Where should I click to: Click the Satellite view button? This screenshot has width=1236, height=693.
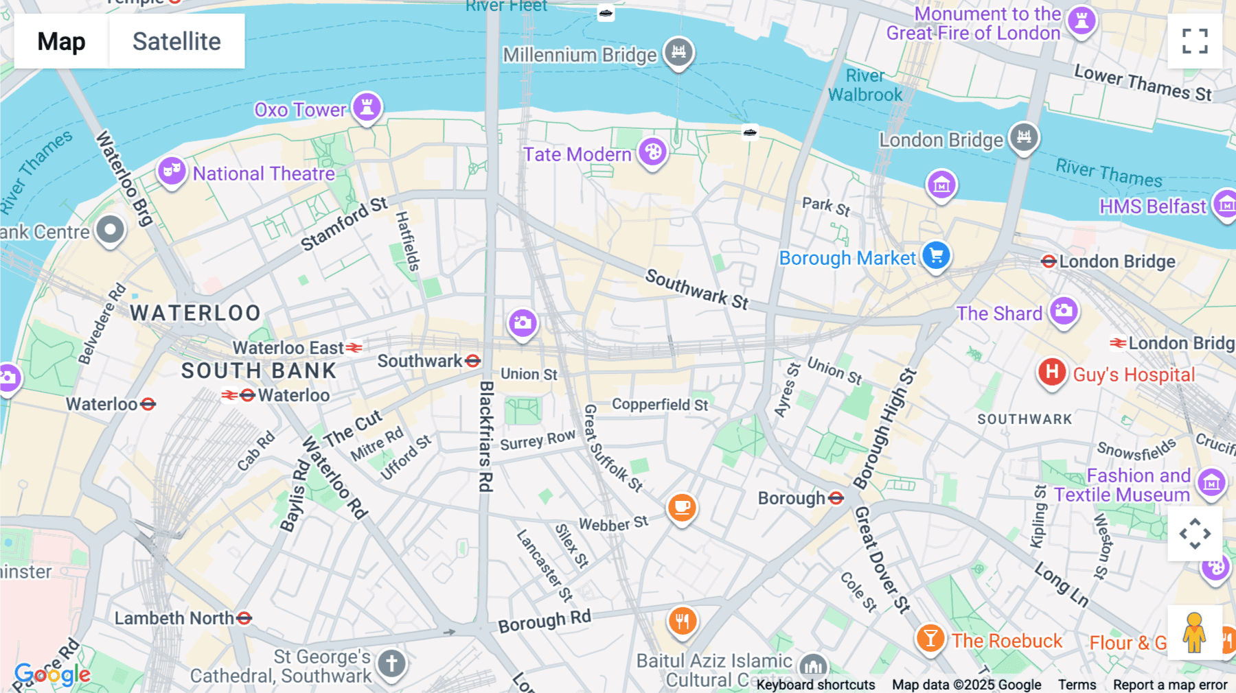tap(176, 41)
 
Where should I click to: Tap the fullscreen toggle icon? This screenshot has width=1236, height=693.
tap(1195, 41)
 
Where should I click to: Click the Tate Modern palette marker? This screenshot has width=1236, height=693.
tap(652, 152)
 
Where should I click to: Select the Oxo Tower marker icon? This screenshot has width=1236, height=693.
tap(367, 108)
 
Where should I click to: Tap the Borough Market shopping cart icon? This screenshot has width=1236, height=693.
tap(936, 256)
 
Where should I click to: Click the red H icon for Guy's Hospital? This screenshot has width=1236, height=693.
tap(1051, 373)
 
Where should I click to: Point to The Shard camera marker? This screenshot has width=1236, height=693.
tap(1064, 312)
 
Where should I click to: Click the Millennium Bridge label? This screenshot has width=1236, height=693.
tap(580, 55)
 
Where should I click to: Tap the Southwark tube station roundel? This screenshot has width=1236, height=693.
tap(472, 361)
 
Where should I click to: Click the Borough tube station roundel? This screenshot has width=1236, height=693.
tap(836, 498)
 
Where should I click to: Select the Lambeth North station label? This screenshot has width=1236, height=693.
tap(174, 618)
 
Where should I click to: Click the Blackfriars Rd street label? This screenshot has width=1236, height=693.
tap(486, 436)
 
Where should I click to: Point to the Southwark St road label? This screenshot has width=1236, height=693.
tap(696, 288)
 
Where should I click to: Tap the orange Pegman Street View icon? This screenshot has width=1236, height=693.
tap(1194, 633)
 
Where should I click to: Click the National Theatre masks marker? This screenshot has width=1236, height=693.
tap(172, 170)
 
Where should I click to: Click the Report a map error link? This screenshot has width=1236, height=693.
tap(1170, 685)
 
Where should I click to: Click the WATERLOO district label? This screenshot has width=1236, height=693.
tap(196, 313)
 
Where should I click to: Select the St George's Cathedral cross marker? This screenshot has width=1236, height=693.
tap(391, 663)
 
